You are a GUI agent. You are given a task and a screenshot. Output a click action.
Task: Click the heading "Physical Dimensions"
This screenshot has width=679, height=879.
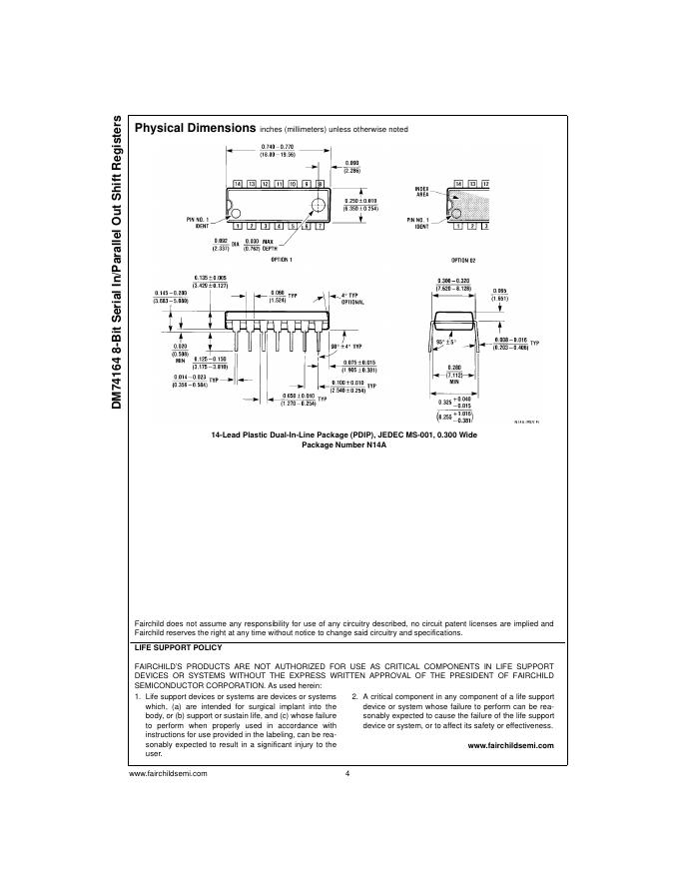[x=195, y=128]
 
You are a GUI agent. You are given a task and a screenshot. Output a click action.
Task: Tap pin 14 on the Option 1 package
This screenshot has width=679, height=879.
[x=238, y=184]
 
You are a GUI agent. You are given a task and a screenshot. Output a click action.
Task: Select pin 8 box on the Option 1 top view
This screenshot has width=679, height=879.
[x=320, y=184]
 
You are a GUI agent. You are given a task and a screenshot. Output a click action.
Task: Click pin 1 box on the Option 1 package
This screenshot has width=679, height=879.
[x=238, y=226]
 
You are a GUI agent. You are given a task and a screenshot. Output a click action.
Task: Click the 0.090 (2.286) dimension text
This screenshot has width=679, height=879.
[x=352, y=166]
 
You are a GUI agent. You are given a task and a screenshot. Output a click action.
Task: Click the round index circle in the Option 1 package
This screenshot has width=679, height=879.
[x=319, y=205]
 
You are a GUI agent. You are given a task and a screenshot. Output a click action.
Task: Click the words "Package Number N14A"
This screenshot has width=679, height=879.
[x=344, y=444]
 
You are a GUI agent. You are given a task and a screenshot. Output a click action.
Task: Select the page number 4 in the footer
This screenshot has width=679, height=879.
[x=345, y=774]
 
